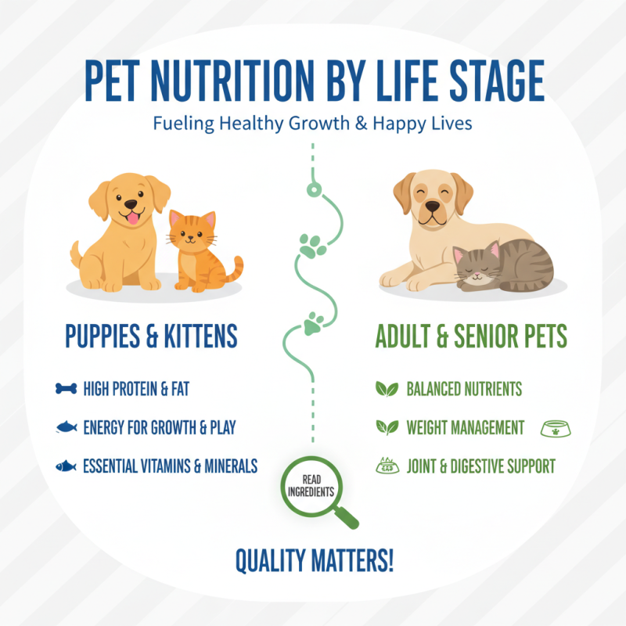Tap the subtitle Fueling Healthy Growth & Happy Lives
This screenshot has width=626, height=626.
[x=312, y=124]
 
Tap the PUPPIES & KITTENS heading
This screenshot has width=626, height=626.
[x=151, y=337]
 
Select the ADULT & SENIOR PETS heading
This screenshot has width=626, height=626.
[x=471, y=337]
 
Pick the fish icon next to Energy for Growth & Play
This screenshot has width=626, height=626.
[x=67, y=427]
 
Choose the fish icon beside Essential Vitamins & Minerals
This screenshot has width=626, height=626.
[x=67, y=466]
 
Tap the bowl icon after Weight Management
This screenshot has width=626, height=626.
[x=556, y=428]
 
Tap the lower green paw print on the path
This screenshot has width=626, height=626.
[x=314, y=322]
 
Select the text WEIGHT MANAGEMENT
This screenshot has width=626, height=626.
[x=466, y=428]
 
